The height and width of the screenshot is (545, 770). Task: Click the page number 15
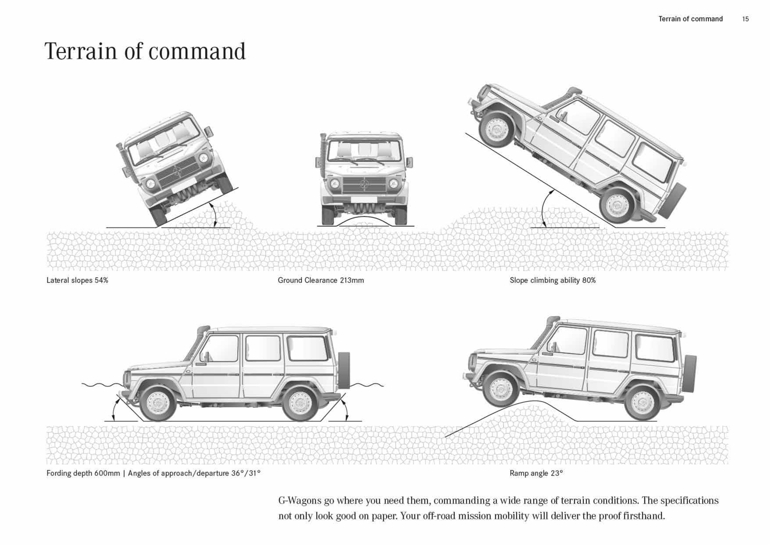tap(745, 19)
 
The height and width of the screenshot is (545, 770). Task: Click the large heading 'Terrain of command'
tap(145, 52)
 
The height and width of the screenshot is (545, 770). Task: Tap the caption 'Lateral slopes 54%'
tap(77, 280)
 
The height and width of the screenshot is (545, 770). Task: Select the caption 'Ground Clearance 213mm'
tap(321, 280)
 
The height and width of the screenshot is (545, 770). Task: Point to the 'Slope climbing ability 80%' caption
tap(553, 280)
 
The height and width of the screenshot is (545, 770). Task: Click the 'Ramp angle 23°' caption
tap(536, 473)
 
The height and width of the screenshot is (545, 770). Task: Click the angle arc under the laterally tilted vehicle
tap(214, 215)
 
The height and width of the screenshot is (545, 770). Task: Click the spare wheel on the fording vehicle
tap(344, 371)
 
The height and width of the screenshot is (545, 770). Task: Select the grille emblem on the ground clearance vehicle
tap(364, 184)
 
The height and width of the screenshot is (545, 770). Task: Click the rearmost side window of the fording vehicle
tap(308, 349)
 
